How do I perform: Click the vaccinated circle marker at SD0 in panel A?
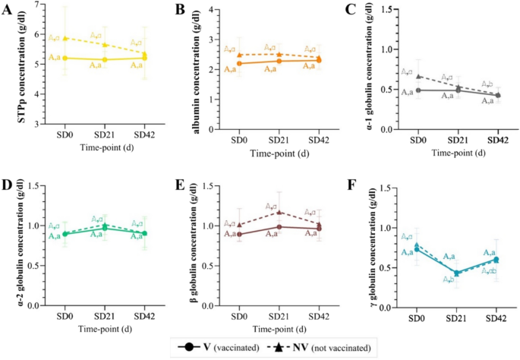coord(65,58)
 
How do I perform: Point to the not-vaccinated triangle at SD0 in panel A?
coord(65,38)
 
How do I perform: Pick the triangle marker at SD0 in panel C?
coord(417,76)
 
